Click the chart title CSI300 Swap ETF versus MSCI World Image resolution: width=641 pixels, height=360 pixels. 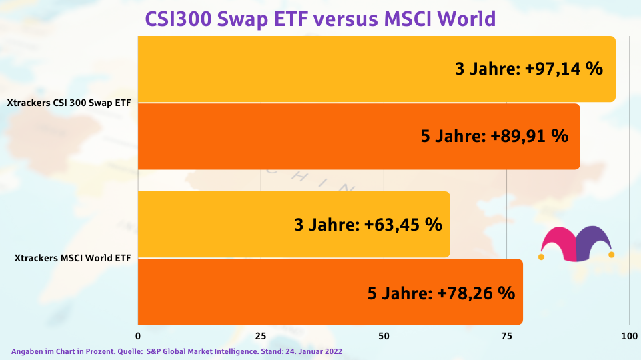(x=320, y=19)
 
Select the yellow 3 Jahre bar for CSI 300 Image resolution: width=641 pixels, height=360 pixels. (x=300, y=69)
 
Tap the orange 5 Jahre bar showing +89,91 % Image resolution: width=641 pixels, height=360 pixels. (x=280, y=137)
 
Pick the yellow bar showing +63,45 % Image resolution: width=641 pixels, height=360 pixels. (x=213, y=225)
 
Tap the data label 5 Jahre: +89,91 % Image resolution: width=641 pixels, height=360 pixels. (x=494, y=136)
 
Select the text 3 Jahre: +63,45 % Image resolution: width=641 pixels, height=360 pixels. (x=368, y=225)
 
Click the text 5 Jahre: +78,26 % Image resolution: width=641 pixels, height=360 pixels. (x=441, y=292)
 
